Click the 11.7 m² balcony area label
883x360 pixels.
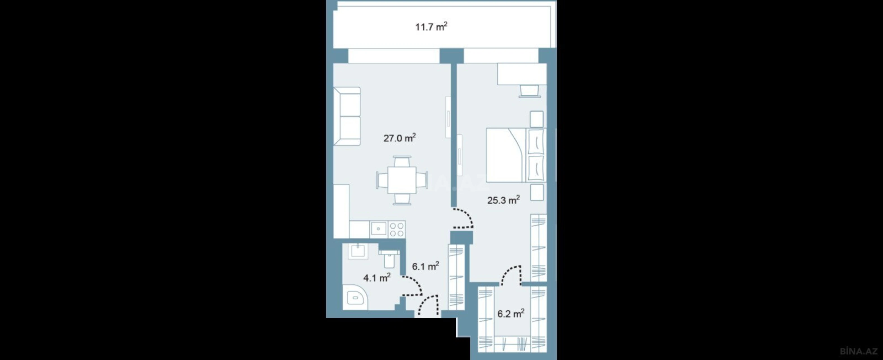point(431,27)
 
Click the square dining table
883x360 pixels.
point(402,180)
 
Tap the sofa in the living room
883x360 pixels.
point(347,116)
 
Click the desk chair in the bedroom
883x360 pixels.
point(529,91)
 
